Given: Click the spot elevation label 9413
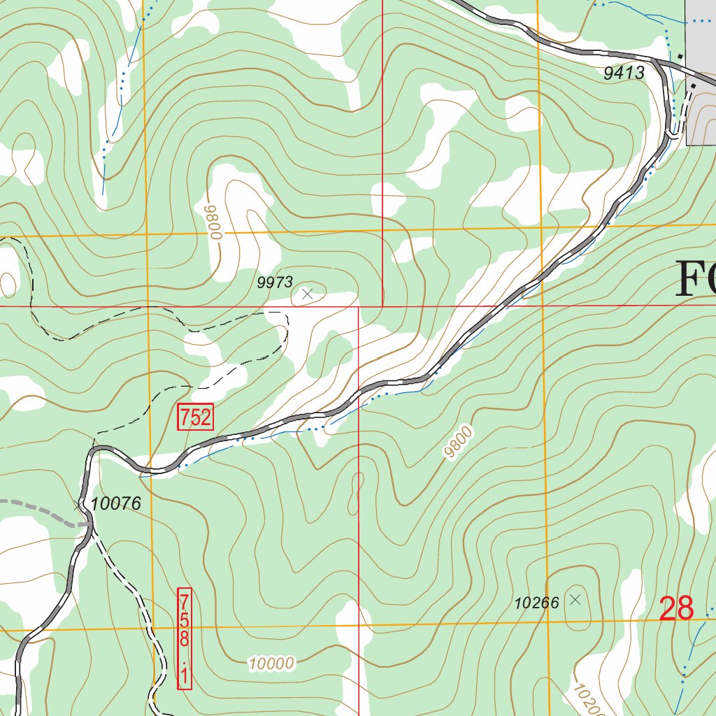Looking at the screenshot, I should coord(624,73).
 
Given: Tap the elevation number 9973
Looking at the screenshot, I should coord(275,282).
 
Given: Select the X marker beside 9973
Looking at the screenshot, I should coord(306,294).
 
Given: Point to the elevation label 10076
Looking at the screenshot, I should coord(116,503).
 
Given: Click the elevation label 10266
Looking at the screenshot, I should coord(537,602).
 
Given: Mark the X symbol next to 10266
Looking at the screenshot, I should coord(575,599).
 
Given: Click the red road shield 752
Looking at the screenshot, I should coord(195,417).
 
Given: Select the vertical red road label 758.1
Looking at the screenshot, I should coord(185,638).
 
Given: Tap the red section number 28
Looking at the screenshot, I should coord(676,608).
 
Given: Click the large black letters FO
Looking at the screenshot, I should coord(696,279).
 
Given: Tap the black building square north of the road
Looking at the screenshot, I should coord(680,55).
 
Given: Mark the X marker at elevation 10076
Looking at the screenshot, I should coord(78,505).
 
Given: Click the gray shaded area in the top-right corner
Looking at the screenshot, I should coord(701,70).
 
